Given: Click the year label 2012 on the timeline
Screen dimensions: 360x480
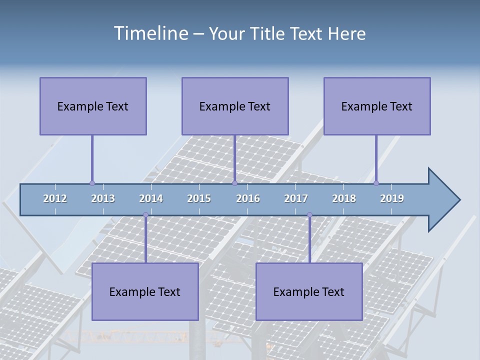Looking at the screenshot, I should [x=55, y=198].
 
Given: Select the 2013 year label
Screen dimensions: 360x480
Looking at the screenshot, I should [x=103, y=198].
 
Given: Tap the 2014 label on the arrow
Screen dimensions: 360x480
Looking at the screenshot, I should [x=151, y=198].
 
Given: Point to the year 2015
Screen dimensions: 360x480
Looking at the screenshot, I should [x=199, y=198].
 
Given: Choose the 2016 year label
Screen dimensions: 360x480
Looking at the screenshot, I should [x=248, y=198].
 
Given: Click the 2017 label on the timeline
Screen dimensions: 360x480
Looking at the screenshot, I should [x=296, y=198].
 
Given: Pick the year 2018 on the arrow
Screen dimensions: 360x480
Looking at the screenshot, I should [x=344, y=198].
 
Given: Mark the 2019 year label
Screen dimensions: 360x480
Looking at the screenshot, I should [x=392, y=198].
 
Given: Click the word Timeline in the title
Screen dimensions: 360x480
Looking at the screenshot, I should [x=150, y=33].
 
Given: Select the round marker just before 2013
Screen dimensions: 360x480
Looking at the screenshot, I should [x=92, y=183].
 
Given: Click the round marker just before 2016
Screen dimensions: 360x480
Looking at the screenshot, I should [x=234, y=183].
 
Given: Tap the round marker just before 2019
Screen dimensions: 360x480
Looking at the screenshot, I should [x=376, y=183].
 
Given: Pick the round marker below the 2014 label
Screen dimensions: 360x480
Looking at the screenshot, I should [x=145, y=215].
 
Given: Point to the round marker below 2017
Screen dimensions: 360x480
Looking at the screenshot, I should [x=309, y=215].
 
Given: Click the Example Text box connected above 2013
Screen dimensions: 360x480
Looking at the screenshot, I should [x=93, y=106].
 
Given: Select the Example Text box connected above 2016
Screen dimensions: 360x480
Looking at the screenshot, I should [x=235, y=106].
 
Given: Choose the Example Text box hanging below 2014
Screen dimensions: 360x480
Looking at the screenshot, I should [x=145, y=291].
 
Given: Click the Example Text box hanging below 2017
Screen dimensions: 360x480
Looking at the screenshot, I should [x=309, y=291].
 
